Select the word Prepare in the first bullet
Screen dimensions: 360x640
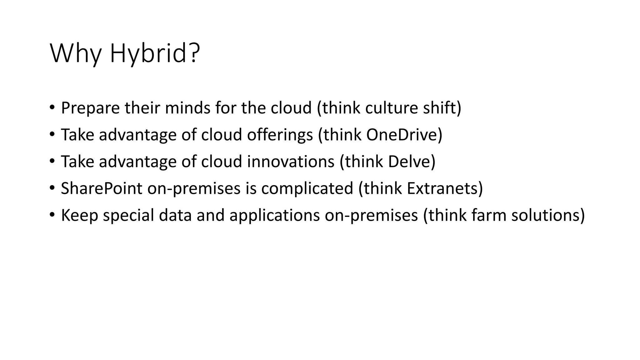[x=90, y=108]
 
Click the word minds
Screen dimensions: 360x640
[x=187, y=108]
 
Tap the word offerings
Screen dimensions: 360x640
[x=280, y=135]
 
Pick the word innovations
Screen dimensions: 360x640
[x=291, y=162]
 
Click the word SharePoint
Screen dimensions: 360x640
[x=102, y=188]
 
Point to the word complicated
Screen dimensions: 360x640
[x=307, y=188]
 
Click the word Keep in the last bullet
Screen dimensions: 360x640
[x=79, y=216]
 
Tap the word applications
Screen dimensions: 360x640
[x=274, y=216]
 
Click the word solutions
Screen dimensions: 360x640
[x=545, y=215]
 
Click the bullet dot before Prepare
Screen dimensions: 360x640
[x=52, y=108]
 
